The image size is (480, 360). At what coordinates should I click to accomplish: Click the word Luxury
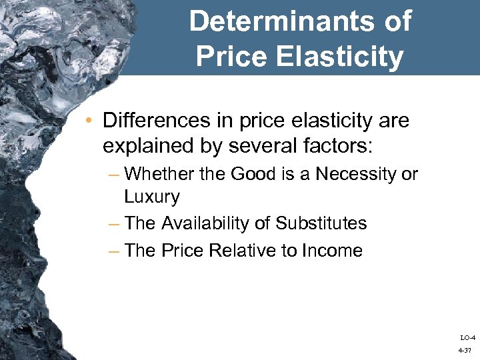151,197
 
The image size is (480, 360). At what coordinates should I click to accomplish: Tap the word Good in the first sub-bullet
250,175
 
